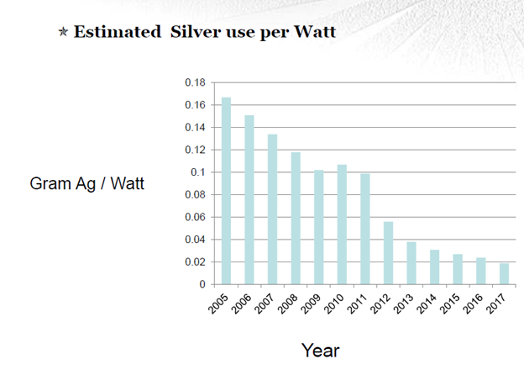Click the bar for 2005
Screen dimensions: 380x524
pyautogui.click(x=226, y=191)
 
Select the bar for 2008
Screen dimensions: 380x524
pyautogui.click(x=296, y=218)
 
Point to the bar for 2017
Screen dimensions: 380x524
pyautogui.click(x=504, y=274)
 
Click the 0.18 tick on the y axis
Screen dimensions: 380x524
pyautogui.click(x=195, y=82)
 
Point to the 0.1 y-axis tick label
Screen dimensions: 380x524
pyautogui.click(x=198, y=172)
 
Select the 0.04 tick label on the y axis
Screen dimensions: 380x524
pyautogui.click(x=195, y=240)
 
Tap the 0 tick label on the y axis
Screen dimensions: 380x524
pyautogui.click(x=202, y=285)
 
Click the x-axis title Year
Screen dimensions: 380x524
pyautogui.click(x=320, y=350)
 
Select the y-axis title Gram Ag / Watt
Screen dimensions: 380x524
pyautogui.click(x=87, y=183)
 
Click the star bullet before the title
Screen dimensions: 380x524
pyautogui.click(x=64, y=34)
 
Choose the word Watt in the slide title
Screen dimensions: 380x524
pyautogui.click(x=313, y=33)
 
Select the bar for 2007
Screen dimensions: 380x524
pyautogui.click(x=272, y=209)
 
